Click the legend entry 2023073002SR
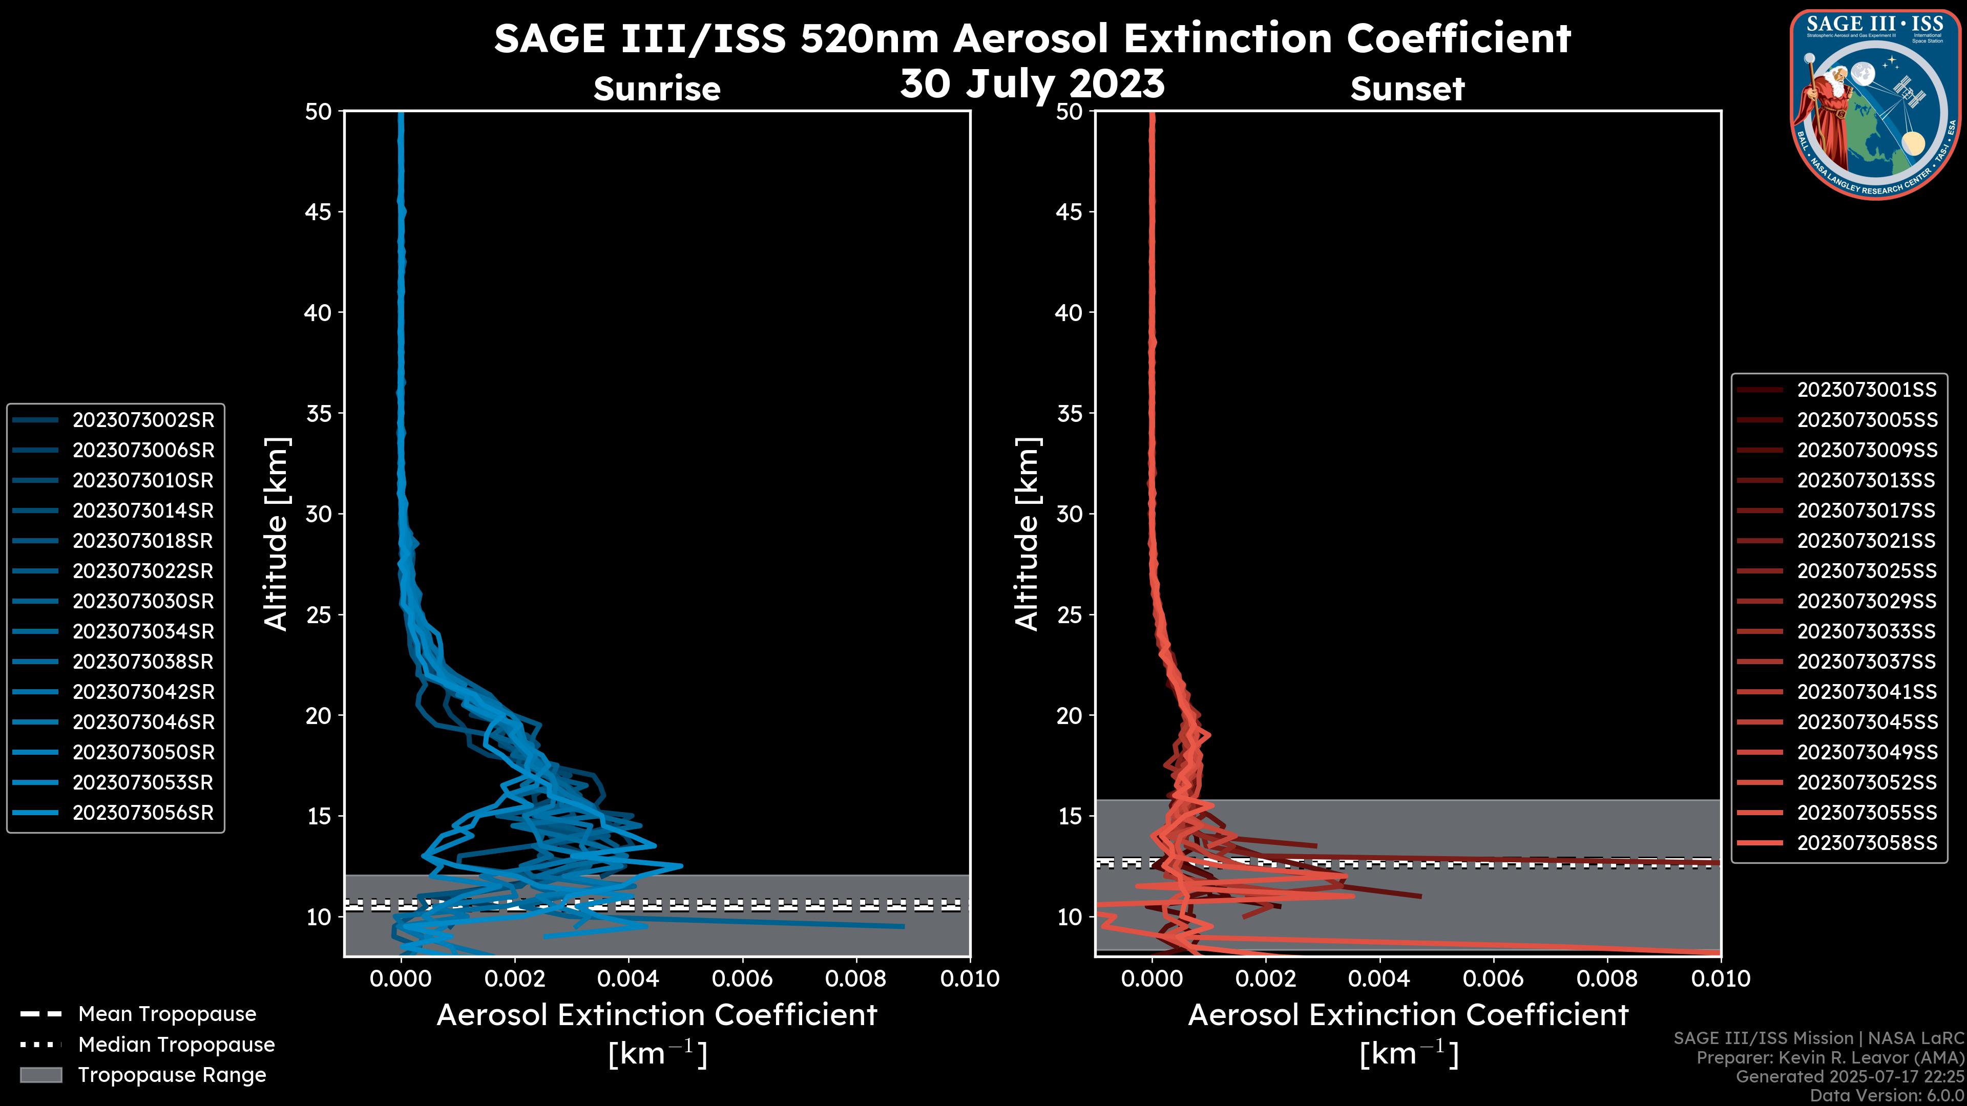click(143, 420)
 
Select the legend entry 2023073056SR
click(143, 813)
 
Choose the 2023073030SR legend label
click(143, 602)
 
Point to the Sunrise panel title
click(657, 89)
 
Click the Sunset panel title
click(1407, 89)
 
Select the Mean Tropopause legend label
click(167, 1014)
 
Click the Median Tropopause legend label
click(176, 1045)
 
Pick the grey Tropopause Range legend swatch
click(41, 1075)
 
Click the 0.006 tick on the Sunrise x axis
click(742, 979)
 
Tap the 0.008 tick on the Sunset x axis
click(1607, 979)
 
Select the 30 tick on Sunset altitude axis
click(1070, 515)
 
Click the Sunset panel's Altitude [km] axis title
click(1027, 534)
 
